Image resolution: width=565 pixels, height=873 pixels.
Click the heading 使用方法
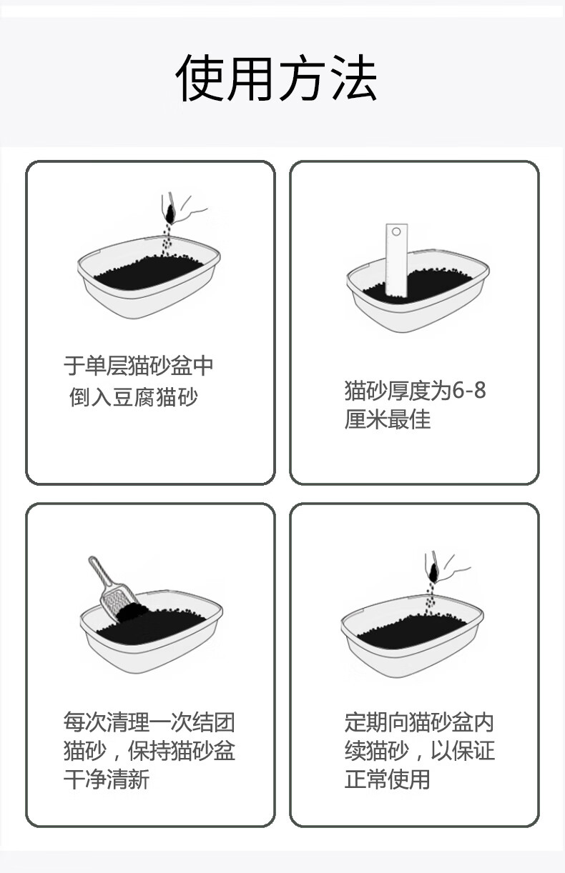[x=276, y=78]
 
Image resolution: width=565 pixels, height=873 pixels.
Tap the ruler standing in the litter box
[x=396, y=259]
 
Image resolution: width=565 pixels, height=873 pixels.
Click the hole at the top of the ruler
[x=396, y=231]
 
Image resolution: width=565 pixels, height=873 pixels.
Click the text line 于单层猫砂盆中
[x=139, y=366]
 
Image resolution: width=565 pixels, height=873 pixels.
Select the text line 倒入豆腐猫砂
[x=134, y=397]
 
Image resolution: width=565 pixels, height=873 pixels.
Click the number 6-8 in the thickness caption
[x=468, y=390]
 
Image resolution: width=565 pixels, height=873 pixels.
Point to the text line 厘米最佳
[x=388, y=419]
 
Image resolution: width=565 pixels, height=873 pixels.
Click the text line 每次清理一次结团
[x=149, y=722]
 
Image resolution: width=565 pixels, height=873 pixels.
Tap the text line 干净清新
[x=107, y=779]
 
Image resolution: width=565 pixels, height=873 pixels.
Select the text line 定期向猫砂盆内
[x=419, y=722]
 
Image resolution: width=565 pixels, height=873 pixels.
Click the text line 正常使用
[x=387, y=779]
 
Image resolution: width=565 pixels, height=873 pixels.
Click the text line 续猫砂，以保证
[x=419, y=750]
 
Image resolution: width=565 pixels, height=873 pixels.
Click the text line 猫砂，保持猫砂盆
[x=149, y=750]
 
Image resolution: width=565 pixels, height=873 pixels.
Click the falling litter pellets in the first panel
[x=168, y=239]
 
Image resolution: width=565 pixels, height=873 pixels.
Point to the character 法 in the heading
[x=354, y=78]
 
